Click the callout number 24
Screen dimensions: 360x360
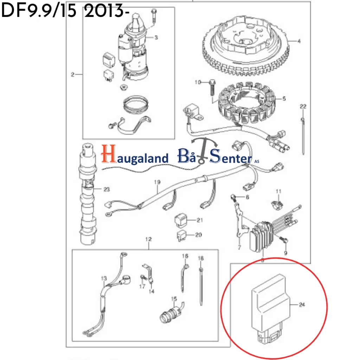pos(302,304)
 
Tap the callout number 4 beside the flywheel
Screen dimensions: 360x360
pos(299,41)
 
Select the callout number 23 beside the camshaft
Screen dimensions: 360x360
pos(107,189)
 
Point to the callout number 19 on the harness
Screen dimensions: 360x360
pos(157,182)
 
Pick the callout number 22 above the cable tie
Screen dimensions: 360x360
pos(303,106)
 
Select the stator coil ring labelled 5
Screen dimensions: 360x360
pos(246,104)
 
